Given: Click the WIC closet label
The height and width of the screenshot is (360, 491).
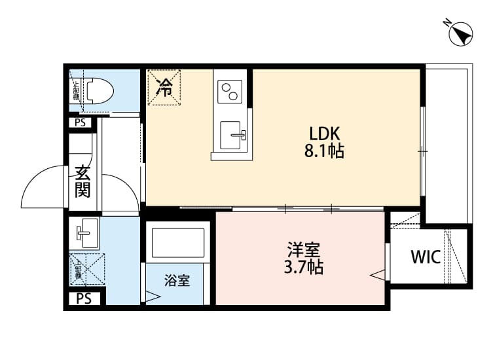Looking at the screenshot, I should point(426,257).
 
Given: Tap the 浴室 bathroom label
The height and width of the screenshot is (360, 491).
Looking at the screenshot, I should point(177,281).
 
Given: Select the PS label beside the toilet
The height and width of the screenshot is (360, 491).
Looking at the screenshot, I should point(80,122).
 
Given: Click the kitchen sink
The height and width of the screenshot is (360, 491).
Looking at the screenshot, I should point(232,135).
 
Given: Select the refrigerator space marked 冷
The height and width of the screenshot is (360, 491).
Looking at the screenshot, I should point(166,86).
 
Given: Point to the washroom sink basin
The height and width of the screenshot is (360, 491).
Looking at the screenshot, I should point(85,232).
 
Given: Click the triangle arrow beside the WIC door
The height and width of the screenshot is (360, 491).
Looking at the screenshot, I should point(378,275).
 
